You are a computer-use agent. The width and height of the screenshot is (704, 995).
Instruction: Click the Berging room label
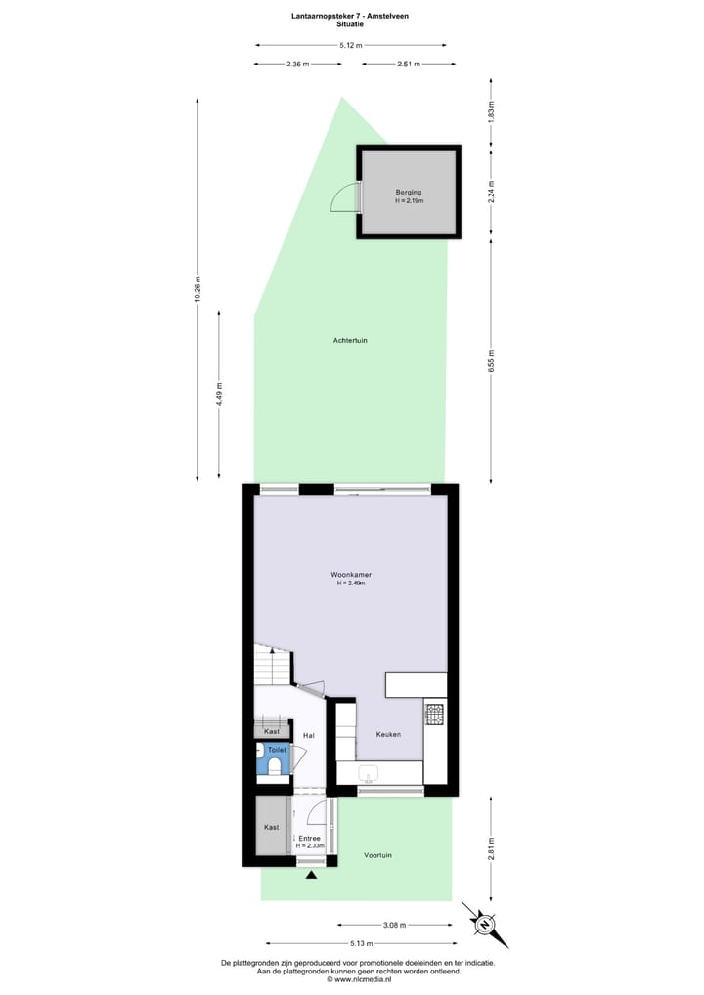point(409,193)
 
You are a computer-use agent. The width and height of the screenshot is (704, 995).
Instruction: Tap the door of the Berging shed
point(344,199)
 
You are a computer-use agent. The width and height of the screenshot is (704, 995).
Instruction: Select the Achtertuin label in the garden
point(350,340)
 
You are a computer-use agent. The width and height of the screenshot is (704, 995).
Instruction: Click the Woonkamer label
point(350,574)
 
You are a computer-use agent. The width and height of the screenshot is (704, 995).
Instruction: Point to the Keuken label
point(388,734)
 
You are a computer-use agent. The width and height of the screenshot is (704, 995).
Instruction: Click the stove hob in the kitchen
point(434,714)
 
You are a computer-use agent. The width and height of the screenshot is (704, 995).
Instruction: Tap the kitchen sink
point(370,774)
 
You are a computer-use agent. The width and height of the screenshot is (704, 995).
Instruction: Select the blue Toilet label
point(278,750)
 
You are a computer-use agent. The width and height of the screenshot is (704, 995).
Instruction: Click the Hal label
point(308,735)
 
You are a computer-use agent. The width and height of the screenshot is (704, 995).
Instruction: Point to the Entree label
point(309,838)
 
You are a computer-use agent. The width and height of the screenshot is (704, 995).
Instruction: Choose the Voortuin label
point(377,854)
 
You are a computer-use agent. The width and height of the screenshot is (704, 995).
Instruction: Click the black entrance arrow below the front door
point(312,875)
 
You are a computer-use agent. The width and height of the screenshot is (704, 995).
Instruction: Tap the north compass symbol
point(484,922)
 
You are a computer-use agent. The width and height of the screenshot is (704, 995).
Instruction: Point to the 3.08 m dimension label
point(393,924)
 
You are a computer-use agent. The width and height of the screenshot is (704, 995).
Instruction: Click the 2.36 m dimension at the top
point(297,64)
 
